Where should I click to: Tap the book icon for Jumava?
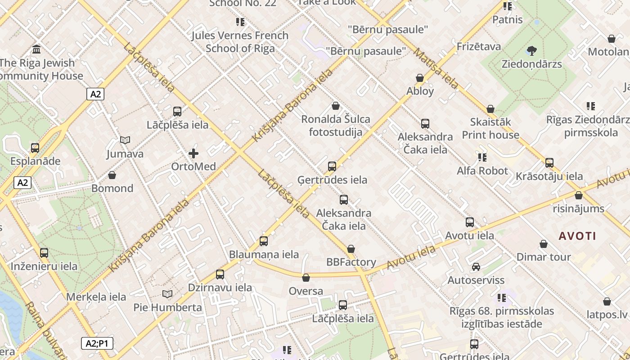tap(125, 140)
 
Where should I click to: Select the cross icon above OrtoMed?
tap(193, 153)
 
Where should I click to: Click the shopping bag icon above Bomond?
tap(112, 175)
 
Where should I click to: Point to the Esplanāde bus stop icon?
tap(35, 148)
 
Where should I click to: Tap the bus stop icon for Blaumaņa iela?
tap(264, 241)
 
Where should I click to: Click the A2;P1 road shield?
tap(97, 344)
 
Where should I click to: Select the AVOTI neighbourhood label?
tap(577, 236)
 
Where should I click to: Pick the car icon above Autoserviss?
tap(476, 267)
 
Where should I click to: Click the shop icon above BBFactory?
tap(351, 249)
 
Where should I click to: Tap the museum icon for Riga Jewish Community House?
tap(36, 49)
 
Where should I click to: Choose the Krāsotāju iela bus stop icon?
tap(549, 163)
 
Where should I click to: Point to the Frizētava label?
tap(478, 47)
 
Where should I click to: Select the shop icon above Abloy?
tap(420, 78)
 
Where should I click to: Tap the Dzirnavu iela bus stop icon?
tap(220, 274)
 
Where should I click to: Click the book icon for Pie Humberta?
tap(167, 294)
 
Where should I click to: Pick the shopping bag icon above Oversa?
tap(306, 278)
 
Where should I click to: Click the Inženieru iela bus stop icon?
tap(44, 253)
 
